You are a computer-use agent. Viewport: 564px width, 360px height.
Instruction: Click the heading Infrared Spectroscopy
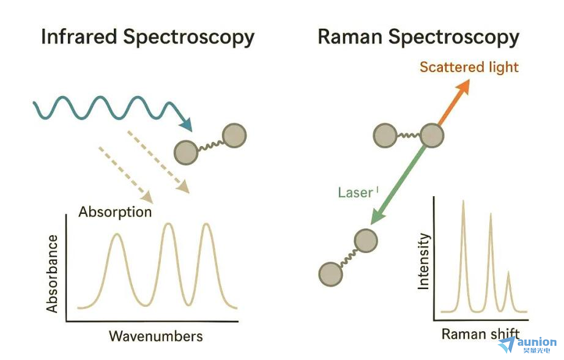tap(147, 37)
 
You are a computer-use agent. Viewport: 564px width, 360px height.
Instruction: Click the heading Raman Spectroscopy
tap(418, 37)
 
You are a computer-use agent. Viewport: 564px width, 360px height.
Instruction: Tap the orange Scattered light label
tap(469, 67)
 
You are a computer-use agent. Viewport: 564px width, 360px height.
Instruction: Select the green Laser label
tap(355, 193)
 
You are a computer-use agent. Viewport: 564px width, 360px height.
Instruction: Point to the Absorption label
tap(115, 212)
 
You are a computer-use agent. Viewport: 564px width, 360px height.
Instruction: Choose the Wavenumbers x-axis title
tap(155, 336)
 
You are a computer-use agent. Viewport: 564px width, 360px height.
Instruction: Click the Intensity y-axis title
tap(424, 261)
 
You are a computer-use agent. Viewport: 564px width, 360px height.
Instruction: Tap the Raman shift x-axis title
tap(480, 334)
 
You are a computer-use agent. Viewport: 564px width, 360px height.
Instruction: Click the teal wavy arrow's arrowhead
tap(185, 125)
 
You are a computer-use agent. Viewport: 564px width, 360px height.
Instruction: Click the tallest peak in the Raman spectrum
tap(463, 202)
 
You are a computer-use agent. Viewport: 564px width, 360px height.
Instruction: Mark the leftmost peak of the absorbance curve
tap(117, 235)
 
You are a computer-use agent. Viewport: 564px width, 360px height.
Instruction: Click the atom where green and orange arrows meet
tap(432, 135)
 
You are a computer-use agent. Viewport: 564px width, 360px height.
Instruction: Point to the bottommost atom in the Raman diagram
tap(330, 273)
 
